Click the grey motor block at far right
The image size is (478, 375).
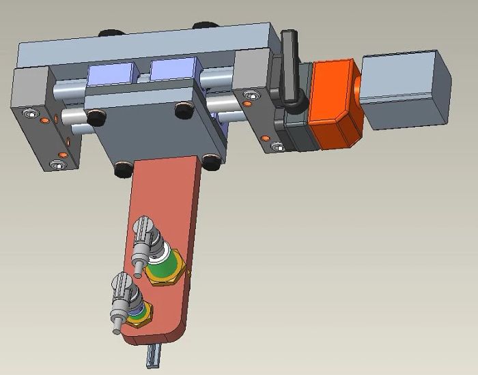(x=405, y=89)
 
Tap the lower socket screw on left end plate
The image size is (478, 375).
(x=58, y=164)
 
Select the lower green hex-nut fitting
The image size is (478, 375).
(x=139, y=314)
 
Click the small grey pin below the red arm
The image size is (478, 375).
(x=152, y=356)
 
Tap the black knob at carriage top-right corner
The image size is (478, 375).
(x=182, y=109)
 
